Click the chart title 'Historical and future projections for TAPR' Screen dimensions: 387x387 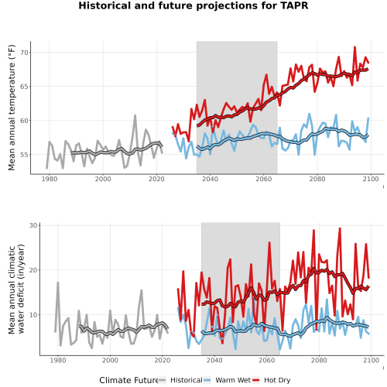[x=193, y=5]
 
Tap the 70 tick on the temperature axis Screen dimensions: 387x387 [x=24, y=53]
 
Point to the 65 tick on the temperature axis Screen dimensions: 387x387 [x=24, y=87]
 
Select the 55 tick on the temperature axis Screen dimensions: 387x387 [x=24, y=155]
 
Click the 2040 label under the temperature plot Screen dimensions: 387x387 [x=210, y=179]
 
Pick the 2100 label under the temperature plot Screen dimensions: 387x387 [x=371, y=179]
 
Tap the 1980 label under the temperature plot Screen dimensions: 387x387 [x=50, y=179]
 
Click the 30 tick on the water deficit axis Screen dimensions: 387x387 [x=33, y=225]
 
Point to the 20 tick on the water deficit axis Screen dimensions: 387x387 [x=33, y=270]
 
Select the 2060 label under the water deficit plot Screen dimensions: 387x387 [x=267, y=360]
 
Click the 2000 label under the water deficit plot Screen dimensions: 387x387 [x=110, y=360]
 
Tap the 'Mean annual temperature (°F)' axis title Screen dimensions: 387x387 [x=12, y=108]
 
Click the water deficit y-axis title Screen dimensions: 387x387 [x=16, y=289]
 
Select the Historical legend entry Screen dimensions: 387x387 [x=180, y=380]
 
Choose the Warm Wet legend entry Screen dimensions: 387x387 [x=227, y=380]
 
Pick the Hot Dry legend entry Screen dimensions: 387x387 [x=271, y=380]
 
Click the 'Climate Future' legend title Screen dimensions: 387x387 [x=128, y=380]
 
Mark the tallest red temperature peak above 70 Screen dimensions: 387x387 [x=354, y=47]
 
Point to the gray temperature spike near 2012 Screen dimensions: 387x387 [x=135, y=116]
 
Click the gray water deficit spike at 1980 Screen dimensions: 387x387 [x=58, y=283]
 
